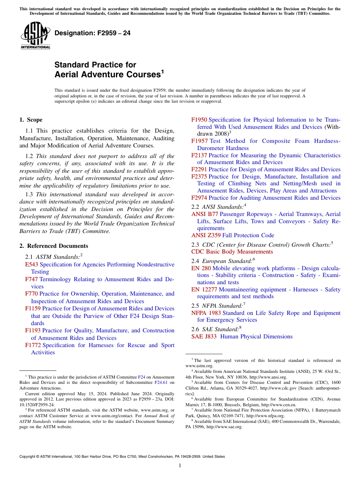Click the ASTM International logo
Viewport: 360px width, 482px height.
35,35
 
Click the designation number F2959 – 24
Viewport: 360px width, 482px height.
92,33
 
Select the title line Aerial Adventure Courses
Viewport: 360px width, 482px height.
108,75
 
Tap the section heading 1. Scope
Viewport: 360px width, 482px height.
31,120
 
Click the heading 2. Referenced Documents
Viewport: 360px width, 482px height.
53,246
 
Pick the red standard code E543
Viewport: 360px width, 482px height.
31,264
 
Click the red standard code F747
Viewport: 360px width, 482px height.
31,279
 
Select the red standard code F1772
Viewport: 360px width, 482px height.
33,345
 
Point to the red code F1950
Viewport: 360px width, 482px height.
199,120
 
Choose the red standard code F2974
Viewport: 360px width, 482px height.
199,198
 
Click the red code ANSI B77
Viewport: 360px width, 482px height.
205,214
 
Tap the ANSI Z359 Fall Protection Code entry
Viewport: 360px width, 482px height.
233,235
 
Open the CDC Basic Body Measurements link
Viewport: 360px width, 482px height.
232,252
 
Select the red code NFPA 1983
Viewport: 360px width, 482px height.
206,313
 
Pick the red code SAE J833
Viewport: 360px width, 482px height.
204,336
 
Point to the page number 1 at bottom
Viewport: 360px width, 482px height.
180,466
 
